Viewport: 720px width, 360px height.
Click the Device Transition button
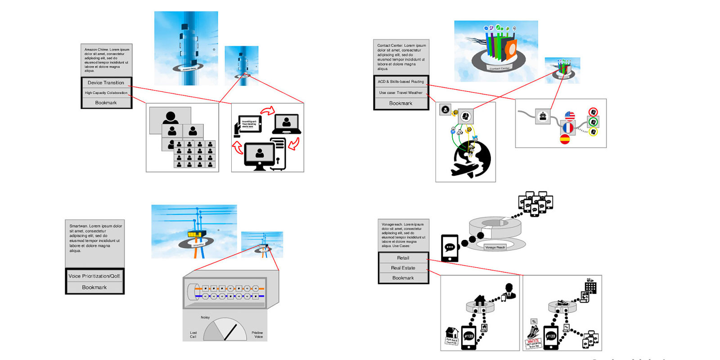tap(106, 83)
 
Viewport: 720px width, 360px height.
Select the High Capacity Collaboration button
tap(106, 93)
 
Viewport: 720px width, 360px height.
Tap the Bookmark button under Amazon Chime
tap(106, 103)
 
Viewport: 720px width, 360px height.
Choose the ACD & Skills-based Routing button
tap(401, 82)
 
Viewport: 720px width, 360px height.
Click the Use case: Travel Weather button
tap(401, 93)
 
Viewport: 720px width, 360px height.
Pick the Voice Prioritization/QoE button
tap(94, 276)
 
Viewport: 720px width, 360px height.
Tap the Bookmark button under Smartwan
tap(94, 287)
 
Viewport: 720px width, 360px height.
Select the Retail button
tap(403, 258)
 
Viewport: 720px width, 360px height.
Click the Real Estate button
tap(403, 268)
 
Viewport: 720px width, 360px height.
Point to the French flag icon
tap(568, 128)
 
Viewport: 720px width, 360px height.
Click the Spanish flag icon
tap(565, 139)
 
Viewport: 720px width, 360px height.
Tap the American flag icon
tap(570, 116)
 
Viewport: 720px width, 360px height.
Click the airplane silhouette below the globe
tap(463, 170)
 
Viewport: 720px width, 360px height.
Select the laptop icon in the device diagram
tap(286, 124)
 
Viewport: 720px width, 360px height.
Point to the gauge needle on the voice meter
tap(230, 332)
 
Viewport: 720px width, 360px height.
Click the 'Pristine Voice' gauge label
tap(257, 335)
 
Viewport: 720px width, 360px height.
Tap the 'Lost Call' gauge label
tap(193, 335)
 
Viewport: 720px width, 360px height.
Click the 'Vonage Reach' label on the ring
tap(495, 247)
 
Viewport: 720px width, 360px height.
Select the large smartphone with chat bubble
tap(450, 248)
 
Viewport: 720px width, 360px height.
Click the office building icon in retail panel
tap(590, 286)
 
